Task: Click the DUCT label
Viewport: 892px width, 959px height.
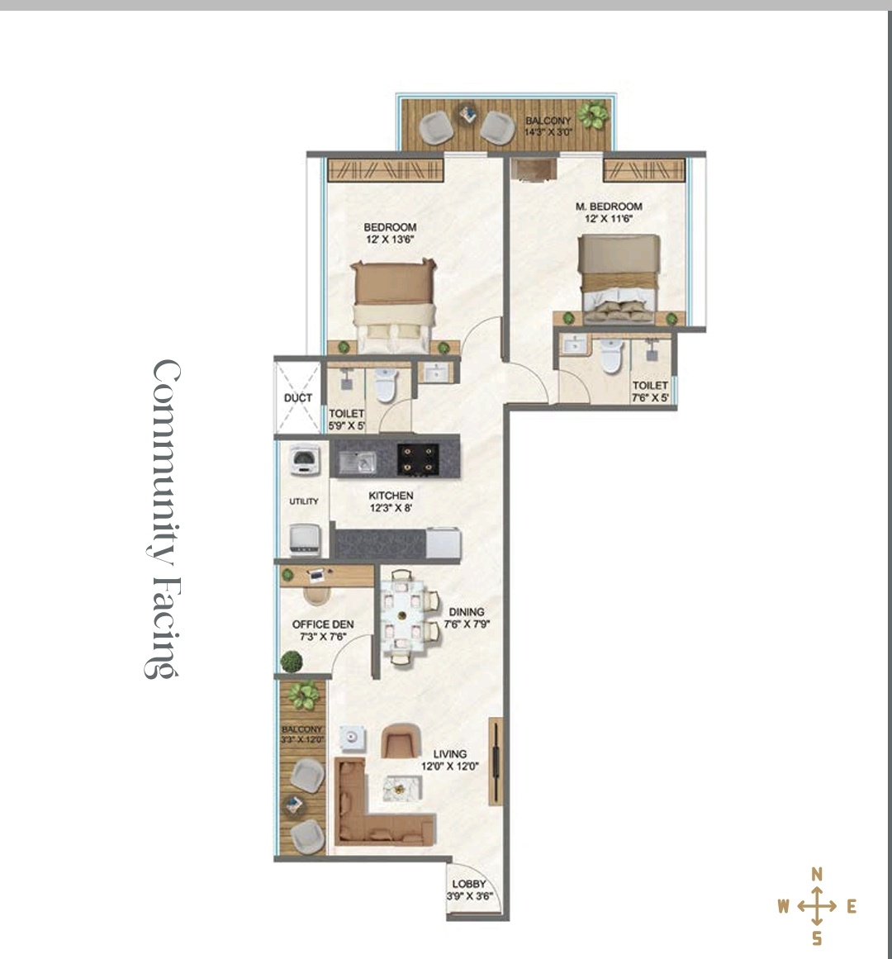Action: (x=297, y=397)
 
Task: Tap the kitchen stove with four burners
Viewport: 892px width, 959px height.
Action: (x=418, y=459)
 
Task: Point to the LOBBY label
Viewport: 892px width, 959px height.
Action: (x=469, y=884)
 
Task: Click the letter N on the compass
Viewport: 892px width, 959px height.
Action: (x=816, y=875)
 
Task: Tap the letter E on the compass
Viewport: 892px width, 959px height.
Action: (x=851, y=906)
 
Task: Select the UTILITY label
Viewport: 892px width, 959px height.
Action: (x=304, y=501)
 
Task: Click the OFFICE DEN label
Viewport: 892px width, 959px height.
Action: (x=323, y=624)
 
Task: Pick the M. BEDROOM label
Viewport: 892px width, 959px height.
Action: (x=609, y=207)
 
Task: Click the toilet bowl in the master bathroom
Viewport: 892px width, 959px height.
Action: (x=610, y=355)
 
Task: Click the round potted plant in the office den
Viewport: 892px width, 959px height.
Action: (x=292, y=661)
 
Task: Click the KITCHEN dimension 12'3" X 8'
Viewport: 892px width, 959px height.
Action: (x=391, y=508)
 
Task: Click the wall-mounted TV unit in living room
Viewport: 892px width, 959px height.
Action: (x=496, y=761)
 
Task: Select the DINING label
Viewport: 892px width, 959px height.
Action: (x=467, y=611)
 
